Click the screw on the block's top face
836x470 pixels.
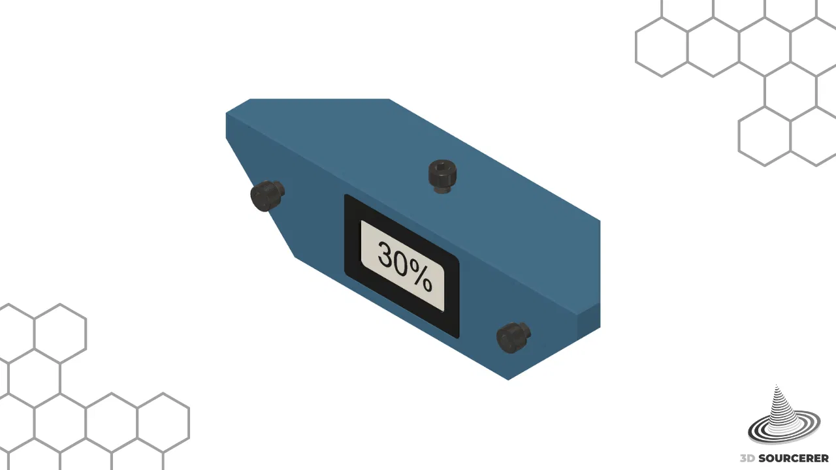[x=443, y=176]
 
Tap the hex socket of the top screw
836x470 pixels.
[x=443, y=165]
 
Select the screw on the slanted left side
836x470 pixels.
[x=267, y=196]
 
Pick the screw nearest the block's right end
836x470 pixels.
[x=513, y=337]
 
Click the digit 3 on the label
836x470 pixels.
[x=387, y=255]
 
